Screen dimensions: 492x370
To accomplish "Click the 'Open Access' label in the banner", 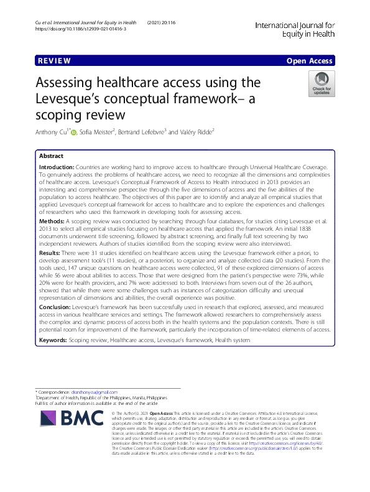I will [309, 61].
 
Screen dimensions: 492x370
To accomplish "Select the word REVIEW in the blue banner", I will [54, 61].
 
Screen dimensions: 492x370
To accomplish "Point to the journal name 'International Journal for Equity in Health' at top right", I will [295, 29].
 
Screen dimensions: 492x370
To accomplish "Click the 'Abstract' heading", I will [51, 156].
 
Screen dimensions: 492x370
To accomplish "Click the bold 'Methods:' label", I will [52, 220].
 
